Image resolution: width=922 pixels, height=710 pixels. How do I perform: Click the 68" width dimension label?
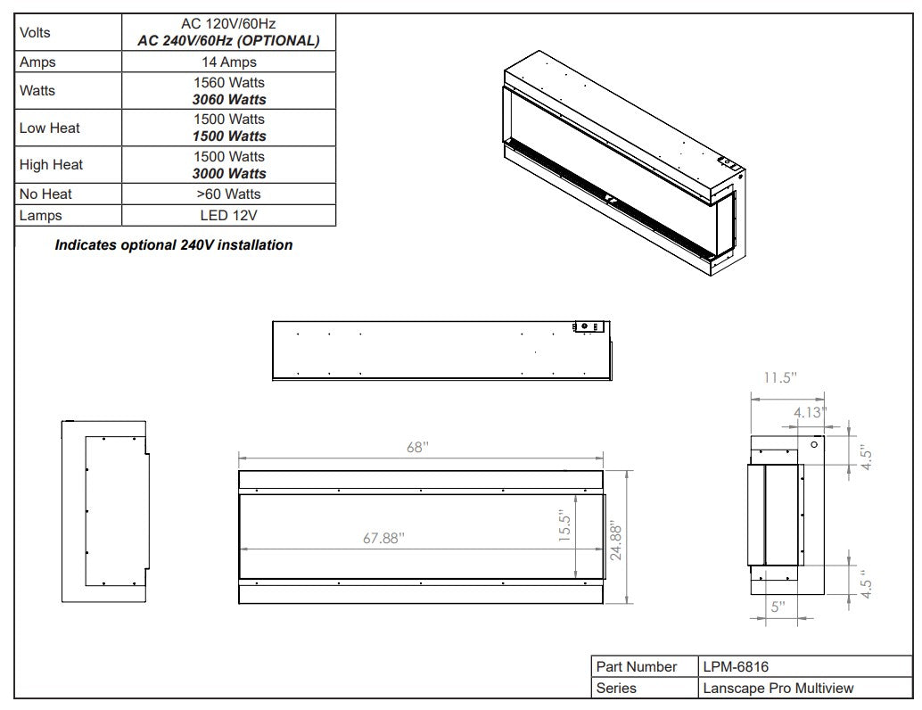[417, 447]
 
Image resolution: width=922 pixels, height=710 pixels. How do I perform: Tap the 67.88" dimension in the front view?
[383, 538]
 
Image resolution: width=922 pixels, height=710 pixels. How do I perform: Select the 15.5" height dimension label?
[565, 526]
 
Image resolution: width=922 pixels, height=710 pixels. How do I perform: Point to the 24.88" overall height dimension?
[615, 540]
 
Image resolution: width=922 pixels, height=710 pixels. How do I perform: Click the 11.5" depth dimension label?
[780, 377]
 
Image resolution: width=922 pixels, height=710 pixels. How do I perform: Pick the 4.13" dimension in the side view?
[810, 412]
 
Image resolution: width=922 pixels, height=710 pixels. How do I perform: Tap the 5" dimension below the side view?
[778, 607]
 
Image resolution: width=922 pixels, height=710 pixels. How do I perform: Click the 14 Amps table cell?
[229, 62]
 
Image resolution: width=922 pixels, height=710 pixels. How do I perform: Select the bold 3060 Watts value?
[229, 99]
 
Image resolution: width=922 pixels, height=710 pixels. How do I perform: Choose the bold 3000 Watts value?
[229, 174]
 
